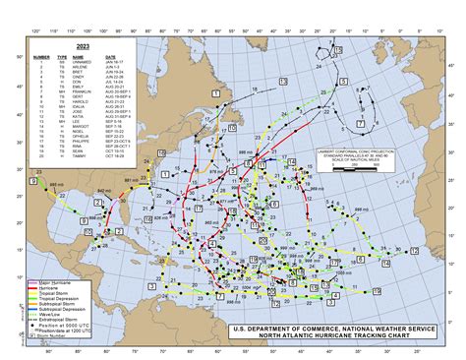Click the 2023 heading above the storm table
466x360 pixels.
coord(57,45)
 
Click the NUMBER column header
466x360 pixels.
coord(40,57)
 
